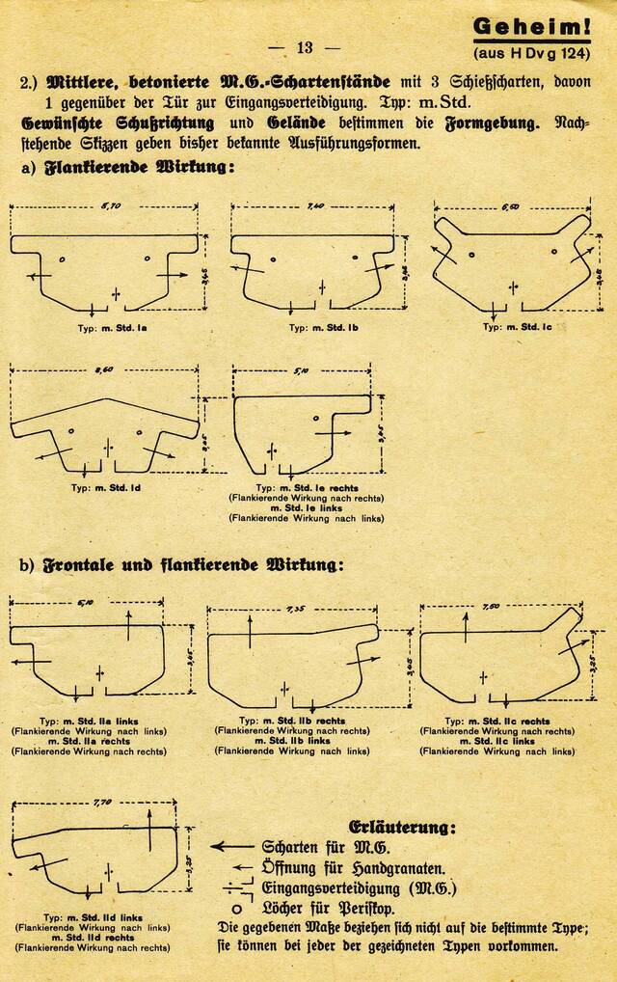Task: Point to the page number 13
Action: tap(305, 47)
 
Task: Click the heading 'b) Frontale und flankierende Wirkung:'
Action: tap(180, 563)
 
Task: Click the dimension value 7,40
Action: tap(315, 206)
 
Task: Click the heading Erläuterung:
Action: tap(401, 827)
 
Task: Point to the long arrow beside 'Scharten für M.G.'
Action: tap(231, 847)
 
